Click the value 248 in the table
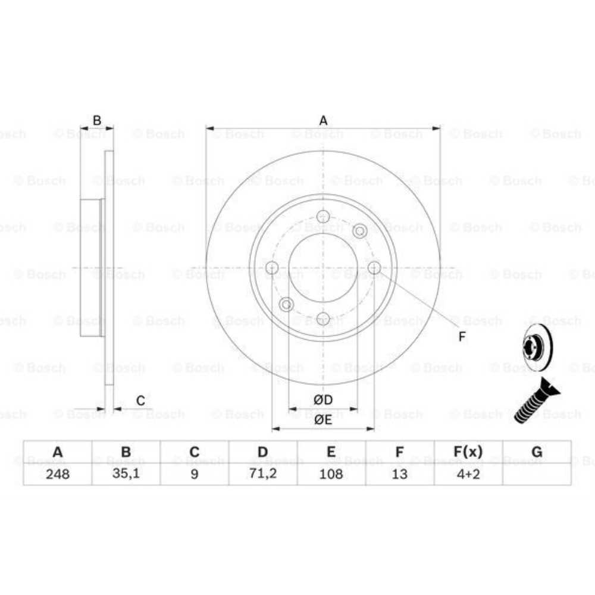(57, 474)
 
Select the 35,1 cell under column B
(126, 474)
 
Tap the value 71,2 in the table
(262, 474)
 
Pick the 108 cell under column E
(331, 474)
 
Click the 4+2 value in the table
(468, 474)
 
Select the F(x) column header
(468, 452)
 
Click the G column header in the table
(537, 452)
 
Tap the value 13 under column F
(400, 474)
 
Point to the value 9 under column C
(194, 474)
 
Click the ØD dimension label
(323, 399)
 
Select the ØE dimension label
(323, 419)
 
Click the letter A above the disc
(323, 121)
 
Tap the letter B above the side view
(97, 121)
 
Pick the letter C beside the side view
(140, 400)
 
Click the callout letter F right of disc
(462, 337)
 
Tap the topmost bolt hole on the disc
(323, 216)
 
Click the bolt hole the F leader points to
(374, 268)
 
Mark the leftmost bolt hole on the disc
(272, 268)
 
